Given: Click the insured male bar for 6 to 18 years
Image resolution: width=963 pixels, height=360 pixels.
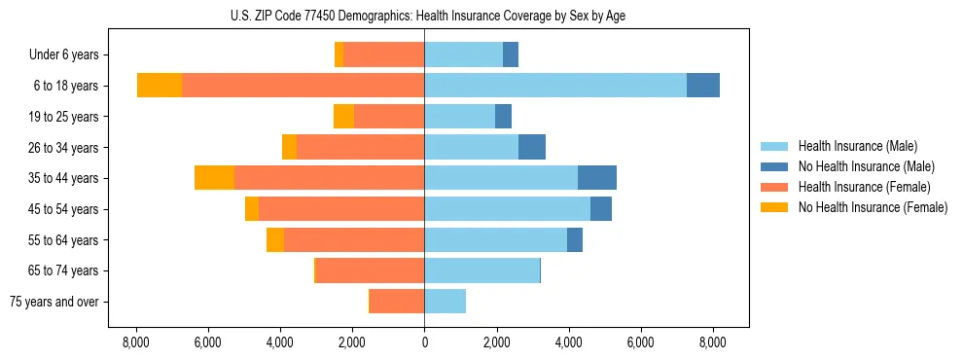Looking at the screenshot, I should [x=554, y=86].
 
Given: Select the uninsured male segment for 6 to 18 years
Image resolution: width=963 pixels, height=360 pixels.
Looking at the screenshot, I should [x=703, y=86].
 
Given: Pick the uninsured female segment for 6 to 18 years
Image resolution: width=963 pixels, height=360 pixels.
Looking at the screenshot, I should [x=160, y=86].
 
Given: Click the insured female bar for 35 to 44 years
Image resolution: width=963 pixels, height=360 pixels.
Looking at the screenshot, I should [x=329, y=178].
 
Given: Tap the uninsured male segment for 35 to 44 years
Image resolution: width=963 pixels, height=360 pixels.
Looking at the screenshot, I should [x=597, y=178].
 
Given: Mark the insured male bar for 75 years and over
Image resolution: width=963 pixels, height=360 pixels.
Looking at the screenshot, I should [x=445, y=302].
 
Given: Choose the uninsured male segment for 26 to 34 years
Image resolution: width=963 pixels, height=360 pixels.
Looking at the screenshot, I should [x=532, y=147].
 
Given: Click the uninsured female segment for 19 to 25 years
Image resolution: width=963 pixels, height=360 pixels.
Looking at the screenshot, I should [x=343, y=117].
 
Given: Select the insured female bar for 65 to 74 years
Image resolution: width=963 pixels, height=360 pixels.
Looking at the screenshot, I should [x=370, y=270].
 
